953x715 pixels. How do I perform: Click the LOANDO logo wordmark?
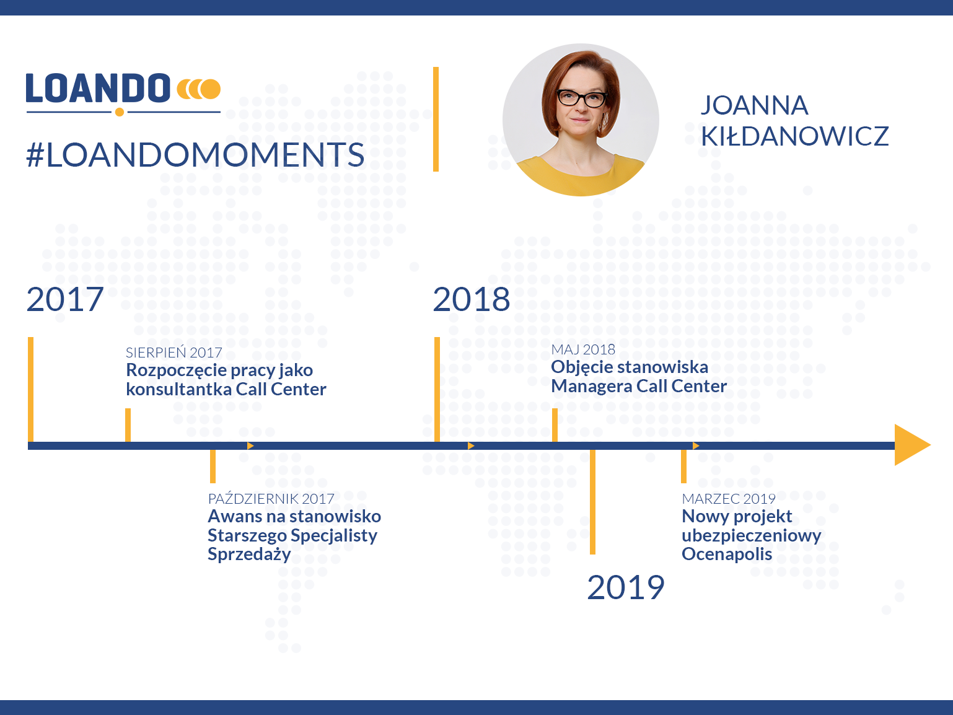click(x=98, y=88)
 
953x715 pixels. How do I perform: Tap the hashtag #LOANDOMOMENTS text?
click(x=195, y=155)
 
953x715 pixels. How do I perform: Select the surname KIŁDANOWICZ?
click(x=795, y=136)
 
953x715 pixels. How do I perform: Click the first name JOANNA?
click(x=755, y=105)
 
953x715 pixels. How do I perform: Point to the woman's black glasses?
click(x=582, y=99)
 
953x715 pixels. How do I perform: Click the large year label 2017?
click(x=65, y=299)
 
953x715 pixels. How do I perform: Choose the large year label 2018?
click(x=472, y=299)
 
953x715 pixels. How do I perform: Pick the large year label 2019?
click(x=626, y=587)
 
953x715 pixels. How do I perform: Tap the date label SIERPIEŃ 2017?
click(x=174, y=352)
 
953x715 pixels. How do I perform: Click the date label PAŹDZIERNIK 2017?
click(x=271, y=498)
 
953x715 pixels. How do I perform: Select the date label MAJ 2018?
click(x=583, y=349)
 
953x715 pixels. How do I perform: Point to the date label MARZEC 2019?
click(x=729, y=499)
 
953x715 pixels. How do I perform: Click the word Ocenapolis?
click(x=727, y=555)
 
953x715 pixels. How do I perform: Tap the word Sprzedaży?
click(x=249, y=555)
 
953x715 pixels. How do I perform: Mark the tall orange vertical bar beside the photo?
click(x=436, y=120)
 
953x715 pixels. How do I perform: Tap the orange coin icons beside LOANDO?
click(x=199, y=89)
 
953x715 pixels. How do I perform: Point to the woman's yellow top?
click(x=581, y=176)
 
